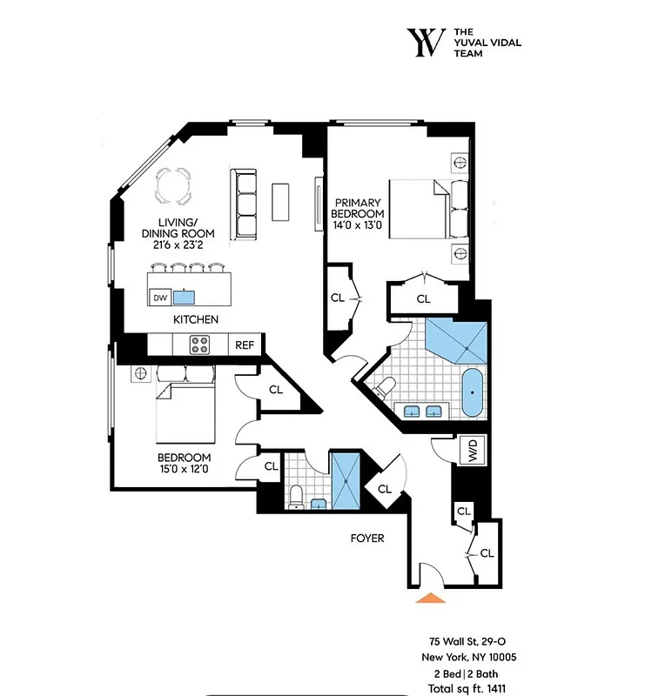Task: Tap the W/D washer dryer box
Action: pos(474,450)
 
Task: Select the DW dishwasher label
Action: pos(159,298)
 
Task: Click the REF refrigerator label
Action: pos(245,345)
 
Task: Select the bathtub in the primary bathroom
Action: pos(473,392)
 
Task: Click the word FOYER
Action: pos(366,538)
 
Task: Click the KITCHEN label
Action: pos(195,320)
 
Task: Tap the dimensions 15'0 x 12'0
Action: pos(185,471)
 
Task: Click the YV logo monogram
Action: pos(426,42)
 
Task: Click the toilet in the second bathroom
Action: pos(296,497)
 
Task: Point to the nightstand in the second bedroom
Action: pos(138,373)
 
